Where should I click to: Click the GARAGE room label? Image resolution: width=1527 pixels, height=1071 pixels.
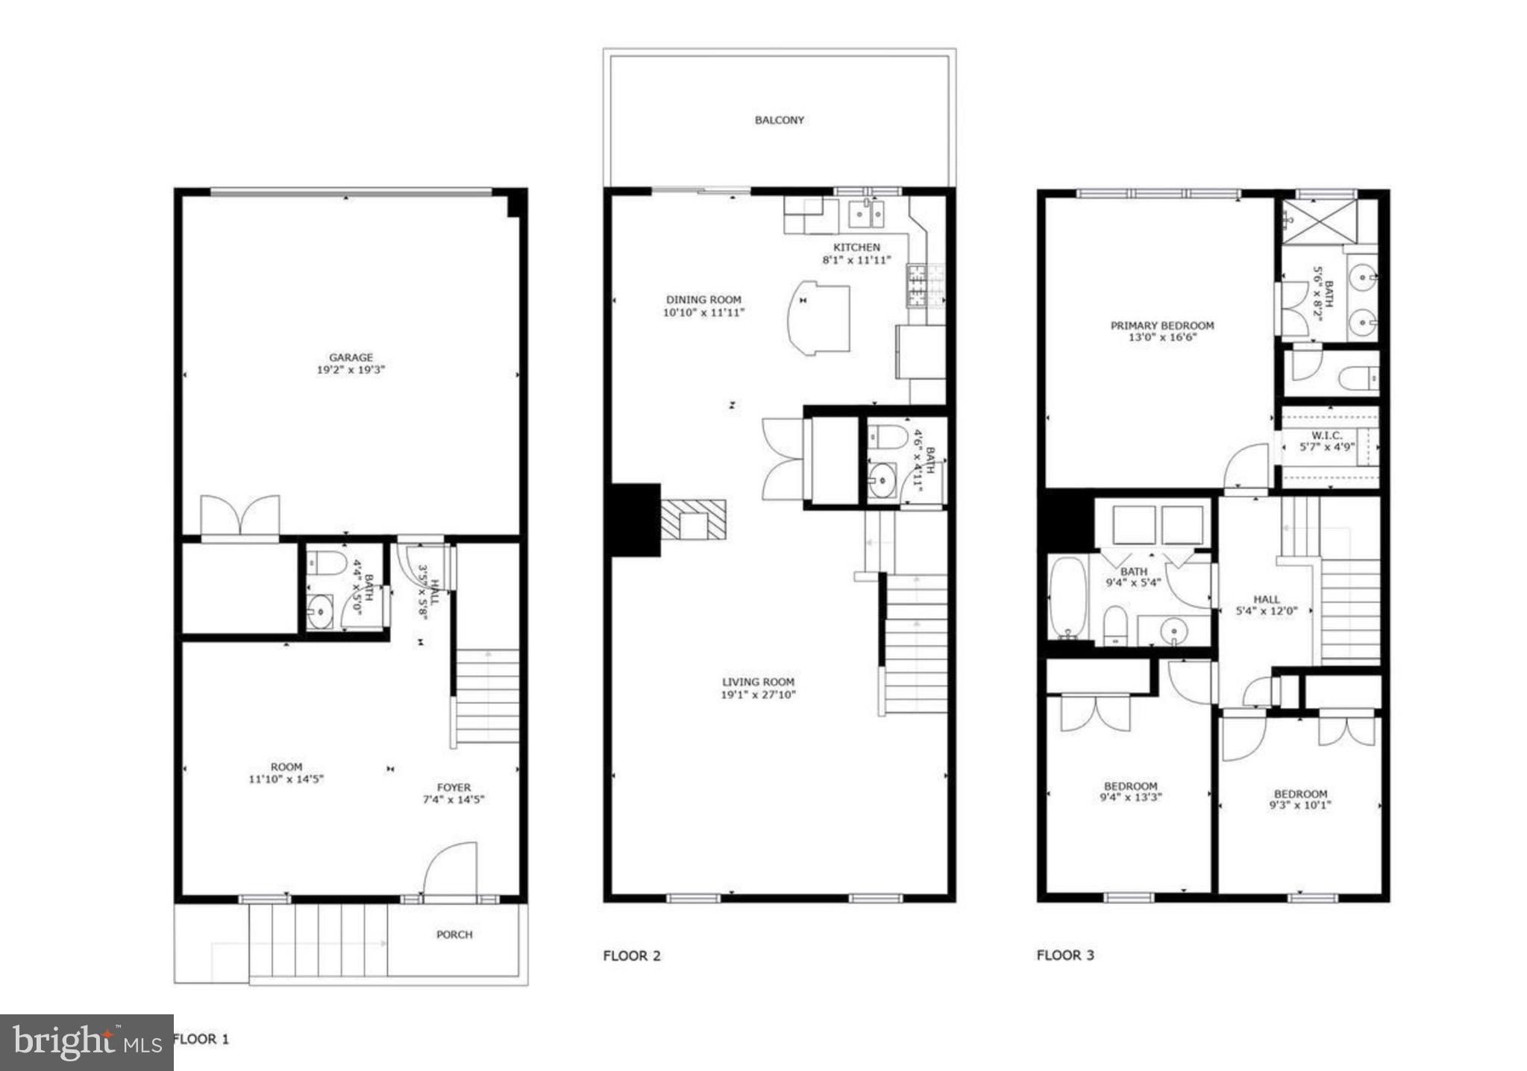click(351, 357)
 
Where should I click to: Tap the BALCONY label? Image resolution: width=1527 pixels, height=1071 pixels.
click(779, 120)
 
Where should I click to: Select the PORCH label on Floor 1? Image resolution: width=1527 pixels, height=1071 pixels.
click(454, 935)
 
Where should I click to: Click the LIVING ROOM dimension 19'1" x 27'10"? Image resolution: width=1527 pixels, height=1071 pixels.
click(758, 695)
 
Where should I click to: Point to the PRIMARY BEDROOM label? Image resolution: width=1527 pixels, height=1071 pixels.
click(1161, 325)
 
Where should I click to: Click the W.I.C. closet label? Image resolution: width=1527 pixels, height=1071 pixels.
click(1327, 435)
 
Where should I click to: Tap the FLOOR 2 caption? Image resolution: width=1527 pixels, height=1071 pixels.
click(632, 955)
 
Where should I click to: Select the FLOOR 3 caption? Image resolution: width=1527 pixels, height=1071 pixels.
click(1065, 955)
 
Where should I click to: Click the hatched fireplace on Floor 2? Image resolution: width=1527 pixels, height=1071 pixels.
click(693, 520)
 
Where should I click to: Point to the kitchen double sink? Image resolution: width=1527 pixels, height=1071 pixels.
click(866, 215)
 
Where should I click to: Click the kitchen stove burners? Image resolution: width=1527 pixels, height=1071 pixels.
click(916, 286)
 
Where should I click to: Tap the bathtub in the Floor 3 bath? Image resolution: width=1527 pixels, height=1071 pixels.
click(1067, 599)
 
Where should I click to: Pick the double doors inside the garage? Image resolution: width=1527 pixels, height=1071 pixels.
click(239, 515)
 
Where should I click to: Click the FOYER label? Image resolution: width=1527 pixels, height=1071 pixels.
click(454, 788)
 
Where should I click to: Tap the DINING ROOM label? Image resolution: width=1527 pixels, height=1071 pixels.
click(703, 300)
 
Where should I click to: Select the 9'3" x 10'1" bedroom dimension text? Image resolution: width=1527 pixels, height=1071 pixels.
click(1299, 805)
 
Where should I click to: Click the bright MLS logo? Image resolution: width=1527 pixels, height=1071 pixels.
click(87, 1042)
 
